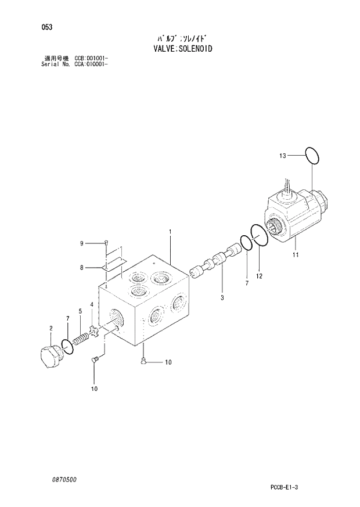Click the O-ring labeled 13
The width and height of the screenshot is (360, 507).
pyautogui.click(x=312, y=155)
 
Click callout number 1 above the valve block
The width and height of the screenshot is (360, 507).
pyautogui.click(x=170, y=233)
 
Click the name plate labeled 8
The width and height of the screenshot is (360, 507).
pyautogui.click(x=114, y=265)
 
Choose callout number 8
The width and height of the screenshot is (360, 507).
pyautogui.click(x=82, y=267)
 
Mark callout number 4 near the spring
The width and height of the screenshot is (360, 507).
pyautogui.click(x=91, y=305)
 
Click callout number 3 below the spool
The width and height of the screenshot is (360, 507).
pyautogui.click(x=222, y=297)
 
